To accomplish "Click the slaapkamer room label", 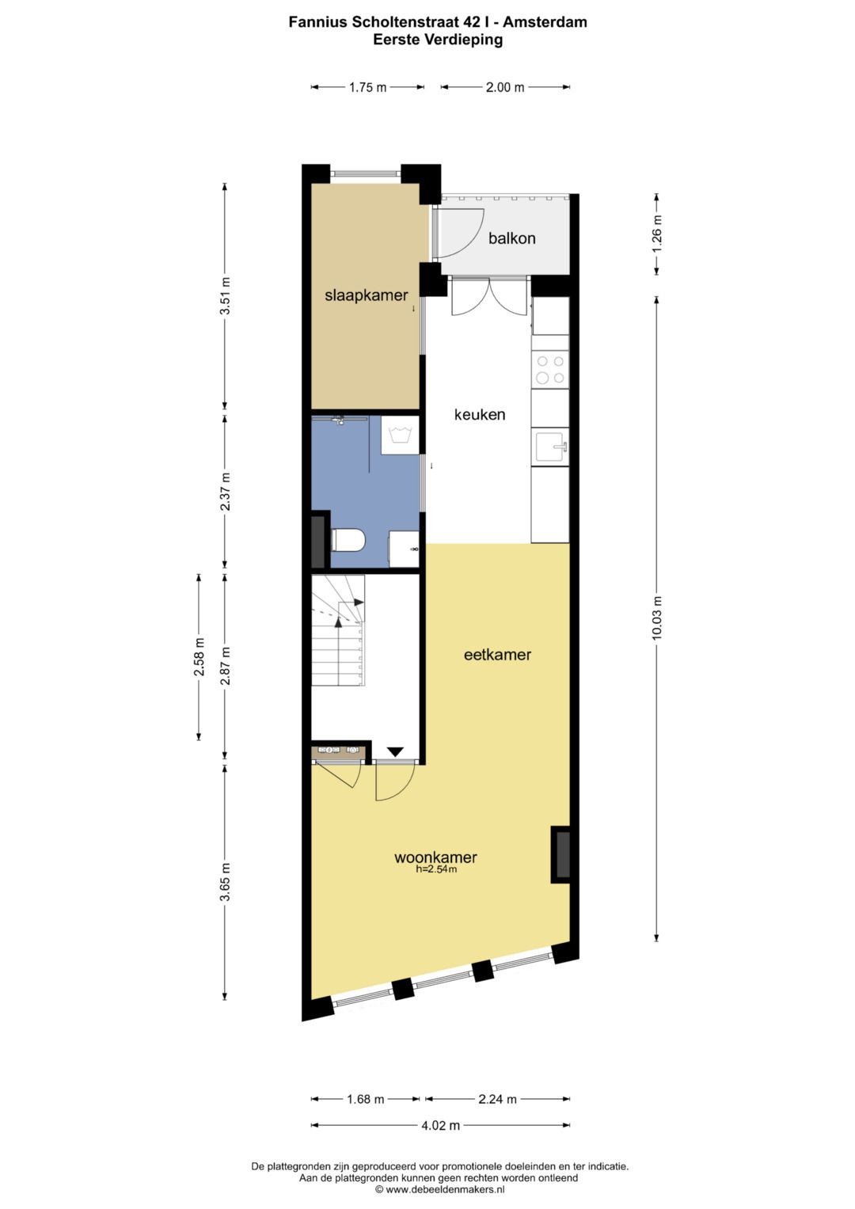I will point(366,296).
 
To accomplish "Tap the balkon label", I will point(511,238).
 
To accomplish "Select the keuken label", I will point(479,414).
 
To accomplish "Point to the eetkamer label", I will point(497,655).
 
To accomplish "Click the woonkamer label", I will point(435,857).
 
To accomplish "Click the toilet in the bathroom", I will point(348,541).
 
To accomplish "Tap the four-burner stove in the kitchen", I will point(550,370).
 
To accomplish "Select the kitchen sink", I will point(550,447).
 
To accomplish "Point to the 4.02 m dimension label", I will point(440,1125).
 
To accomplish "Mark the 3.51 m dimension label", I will point(225,296).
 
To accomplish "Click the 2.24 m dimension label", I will point(497,1099).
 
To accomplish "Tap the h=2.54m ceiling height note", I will point(436,869).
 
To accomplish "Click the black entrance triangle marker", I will point(395,751).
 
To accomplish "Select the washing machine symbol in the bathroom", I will point(399,435).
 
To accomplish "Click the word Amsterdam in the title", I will point(545,22).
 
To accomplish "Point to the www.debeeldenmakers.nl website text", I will point(445,1189).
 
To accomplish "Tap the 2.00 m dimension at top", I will point(504,87).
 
